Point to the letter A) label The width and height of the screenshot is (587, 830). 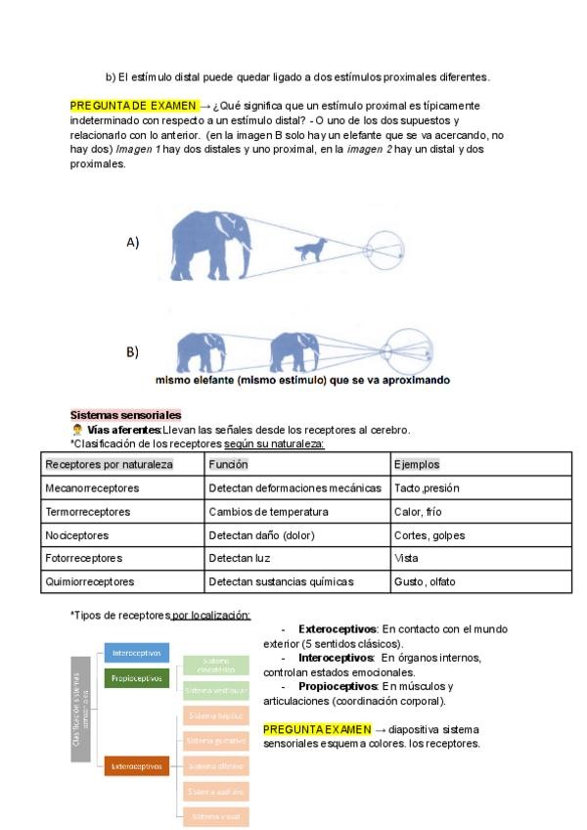pyautogui.click(x=132, y=242)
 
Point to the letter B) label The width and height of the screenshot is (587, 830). pyautogui.click(x=132, y=351)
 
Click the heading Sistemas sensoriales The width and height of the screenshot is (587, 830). pyautogui.click(x=125, y=415)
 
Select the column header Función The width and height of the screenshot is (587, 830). pyautogui.click(x=229, y=464)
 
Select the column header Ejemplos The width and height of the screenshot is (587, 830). pyautogui.click(x=416, y=464)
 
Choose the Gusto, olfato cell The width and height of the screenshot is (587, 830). pyautogui.click(x=424, y=581)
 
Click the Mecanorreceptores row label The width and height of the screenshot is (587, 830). pyautogui.click(x=92, y=487)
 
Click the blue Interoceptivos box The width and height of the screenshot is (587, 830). pyautogui.click(x=137, y=653)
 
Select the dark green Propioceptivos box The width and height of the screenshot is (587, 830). pyautogui.click(x=137, y=676)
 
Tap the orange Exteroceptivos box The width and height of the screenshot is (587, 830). pyautogui.click(x=137, y=766)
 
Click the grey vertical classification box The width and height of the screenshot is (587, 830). pyautogui.click(x=80, y=708)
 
